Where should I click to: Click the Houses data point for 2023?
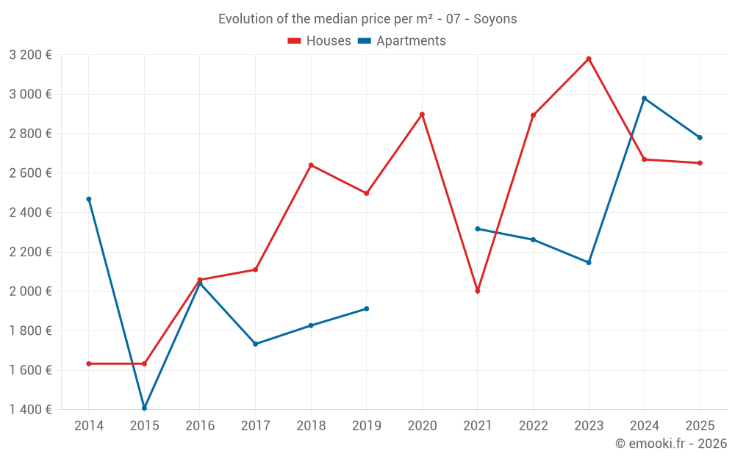pos(589,59)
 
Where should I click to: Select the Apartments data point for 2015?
pos(144,408)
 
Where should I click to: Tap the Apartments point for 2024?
pos(645,98)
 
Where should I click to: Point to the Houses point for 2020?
pos(422,115)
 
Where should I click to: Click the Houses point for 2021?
pos(478,292)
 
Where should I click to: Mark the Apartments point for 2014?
pos(89,199)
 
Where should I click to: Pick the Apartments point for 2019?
pos(367,308)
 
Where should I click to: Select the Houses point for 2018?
pos(311,165)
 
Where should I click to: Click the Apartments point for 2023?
pos(589,262)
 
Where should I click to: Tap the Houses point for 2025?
pos(700,163)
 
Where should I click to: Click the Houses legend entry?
pos(320,41)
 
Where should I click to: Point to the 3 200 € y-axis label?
pos(30,55)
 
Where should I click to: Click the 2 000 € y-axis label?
pos(30,292)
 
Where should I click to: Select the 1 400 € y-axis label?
pos(30,410)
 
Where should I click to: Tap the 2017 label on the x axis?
pos(255,426)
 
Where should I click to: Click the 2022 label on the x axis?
pos(533,426)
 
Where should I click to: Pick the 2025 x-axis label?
pos(700,426)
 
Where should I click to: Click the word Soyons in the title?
pos(495,19)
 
